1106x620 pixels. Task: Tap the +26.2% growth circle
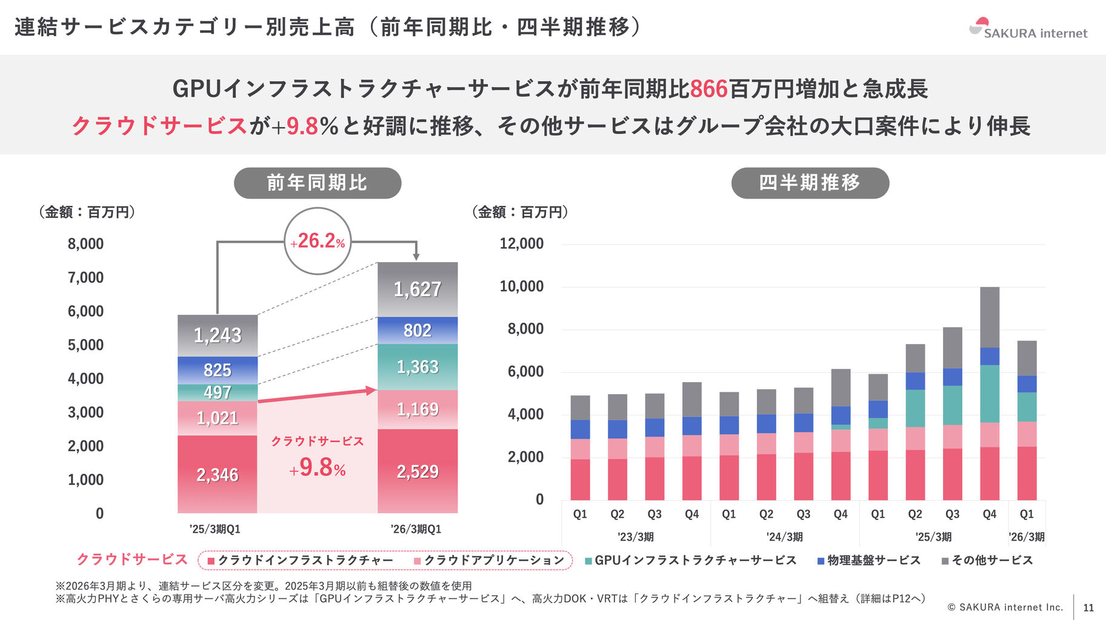tap(318, 241)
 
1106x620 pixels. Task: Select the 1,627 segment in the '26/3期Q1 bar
tap(418, 289)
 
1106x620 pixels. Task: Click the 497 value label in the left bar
tap(218, 392)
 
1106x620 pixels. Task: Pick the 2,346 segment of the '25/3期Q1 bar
tap(218, 475)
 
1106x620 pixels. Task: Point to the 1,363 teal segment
tap(418, 367)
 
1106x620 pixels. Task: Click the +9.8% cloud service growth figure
tap(318, 467)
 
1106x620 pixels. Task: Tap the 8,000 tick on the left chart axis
tap(85, 244)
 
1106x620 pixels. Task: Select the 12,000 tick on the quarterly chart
tap(521, 244)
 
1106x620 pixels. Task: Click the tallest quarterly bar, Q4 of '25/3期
tap(989, 394)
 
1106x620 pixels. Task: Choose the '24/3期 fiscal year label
tap(784, 537)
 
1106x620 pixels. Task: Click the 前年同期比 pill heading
tap(318, 183)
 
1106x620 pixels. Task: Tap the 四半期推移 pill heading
tap(810, 183)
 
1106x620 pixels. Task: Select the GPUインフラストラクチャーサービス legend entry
tap(691, 561)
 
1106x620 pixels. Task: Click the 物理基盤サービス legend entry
tap(869, 561)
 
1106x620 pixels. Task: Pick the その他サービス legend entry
tap(987, 561)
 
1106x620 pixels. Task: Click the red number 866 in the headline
tap(708, 89)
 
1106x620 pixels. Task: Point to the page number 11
tap(1088, 608)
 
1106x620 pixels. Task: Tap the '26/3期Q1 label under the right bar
tap(416, 529)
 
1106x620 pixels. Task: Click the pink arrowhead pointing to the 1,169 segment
tap(371, 391)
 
